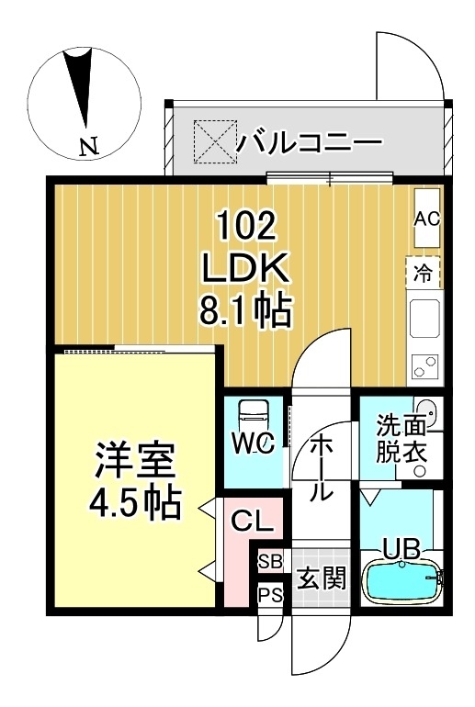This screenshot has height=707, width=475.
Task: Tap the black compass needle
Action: [82, 87]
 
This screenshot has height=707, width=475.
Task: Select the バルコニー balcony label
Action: [309, 143]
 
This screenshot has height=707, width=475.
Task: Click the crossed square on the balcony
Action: [212, 143]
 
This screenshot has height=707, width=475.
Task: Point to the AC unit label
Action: [426, 219]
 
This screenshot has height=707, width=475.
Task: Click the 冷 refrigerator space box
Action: [423, 272]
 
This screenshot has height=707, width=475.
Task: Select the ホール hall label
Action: [321, 467]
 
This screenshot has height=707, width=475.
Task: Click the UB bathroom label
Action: [401, 549]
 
